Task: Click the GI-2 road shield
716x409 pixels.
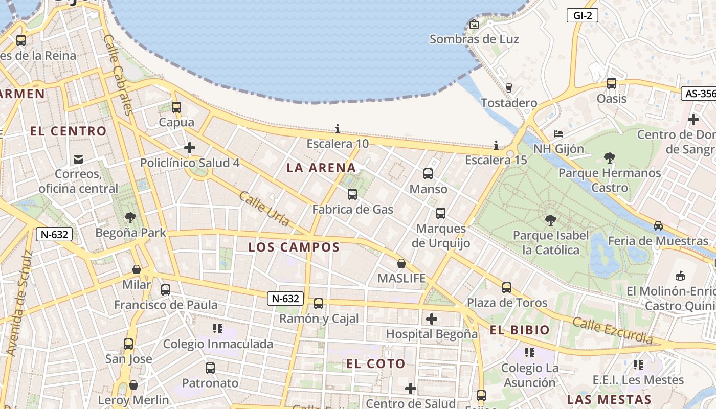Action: tap(583, 15)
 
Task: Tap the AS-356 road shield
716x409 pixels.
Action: tap(699, 94)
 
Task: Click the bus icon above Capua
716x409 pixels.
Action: tap(176, 107)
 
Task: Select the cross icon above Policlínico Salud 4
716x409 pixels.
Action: tap(190, 148)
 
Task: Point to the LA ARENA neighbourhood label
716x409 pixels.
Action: tap(321, 168)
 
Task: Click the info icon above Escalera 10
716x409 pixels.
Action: tap(338, 129)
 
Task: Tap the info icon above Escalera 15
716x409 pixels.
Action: tap(496, 145)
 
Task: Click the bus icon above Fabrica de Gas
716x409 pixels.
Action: tap(352, 194)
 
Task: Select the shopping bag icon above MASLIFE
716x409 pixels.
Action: tap(401, 263)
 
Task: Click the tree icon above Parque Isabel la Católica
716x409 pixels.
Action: tap(550, 220)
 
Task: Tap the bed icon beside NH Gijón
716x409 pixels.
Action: tap(558, 134)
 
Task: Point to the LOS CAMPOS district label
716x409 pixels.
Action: tap(294, 247)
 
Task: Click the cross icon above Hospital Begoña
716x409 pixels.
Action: tap(432, 319)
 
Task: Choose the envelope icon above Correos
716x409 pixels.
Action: tap(78, 160)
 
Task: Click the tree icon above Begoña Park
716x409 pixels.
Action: tap(130, 218)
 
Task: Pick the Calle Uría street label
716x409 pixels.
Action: tap(264, 209)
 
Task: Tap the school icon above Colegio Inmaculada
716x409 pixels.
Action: tap(218, 329)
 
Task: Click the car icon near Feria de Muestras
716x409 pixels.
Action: tap(658, 225)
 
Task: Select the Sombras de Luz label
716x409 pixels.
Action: tap(474, 39)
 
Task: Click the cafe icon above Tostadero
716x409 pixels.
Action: tap(508, 88)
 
